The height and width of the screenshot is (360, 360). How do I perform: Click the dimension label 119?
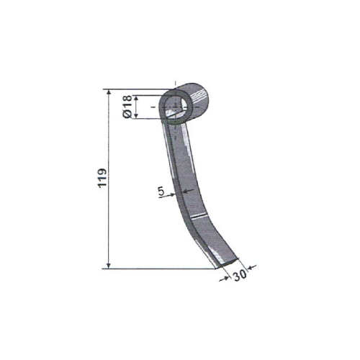click(x=103, y=178)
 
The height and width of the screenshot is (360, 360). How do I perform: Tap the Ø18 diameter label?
click(x=127, y=107)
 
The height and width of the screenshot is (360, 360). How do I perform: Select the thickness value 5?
click(x=161, y=191)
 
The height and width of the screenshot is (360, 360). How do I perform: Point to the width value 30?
click(x=240, y=275)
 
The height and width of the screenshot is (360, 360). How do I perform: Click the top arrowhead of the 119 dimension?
click(x=109, y=93)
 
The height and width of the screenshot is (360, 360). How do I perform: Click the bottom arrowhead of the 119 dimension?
click(x=109, y=266)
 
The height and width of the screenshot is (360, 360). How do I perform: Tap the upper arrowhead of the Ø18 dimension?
click(x=136, y=99)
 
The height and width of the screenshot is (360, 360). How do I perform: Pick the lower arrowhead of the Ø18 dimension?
click(x=136, y=115)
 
